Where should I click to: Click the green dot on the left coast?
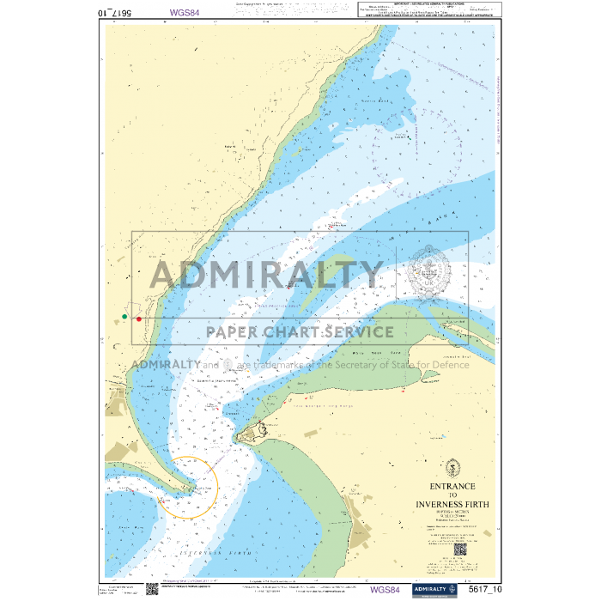pyautogui.click(x=124, y=317)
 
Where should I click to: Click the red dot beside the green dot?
pyautogui.click(x=139, y=319)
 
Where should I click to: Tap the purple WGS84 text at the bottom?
pyautogui.click(x=384, y=590)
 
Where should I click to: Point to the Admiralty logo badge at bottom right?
pyautogui.click(x=434, y=589)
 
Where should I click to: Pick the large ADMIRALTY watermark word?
pyautogui.click(x=266, y=275)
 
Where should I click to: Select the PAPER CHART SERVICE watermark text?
pyautogui.click(x=300, y=332)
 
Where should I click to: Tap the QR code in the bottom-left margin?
pyautogui.click(x=151, y=588)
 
